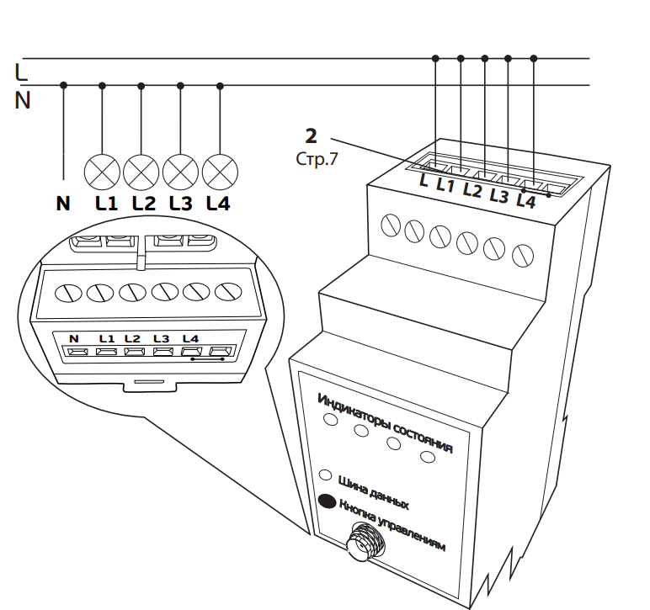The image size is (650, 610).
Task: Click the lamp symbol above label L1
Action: pos(103,171)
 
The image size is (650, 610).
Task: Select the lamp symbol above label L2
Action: pos(141,171)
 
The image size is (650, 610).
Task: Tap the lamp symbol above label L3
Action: pos(179,171)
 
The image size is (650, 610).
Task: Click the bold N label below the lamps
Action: pos(63,204)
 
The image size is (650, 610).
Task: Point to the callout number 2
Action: pos(312,135)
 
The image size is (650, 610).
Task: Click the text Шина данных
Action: pos(372,492)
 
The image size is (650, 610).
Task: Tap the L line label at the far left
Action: pos(21,72)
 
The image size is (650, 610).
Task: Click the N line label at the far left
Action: pos(23,101)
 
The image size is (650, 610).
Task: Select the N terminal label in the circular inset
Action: pos(73,338)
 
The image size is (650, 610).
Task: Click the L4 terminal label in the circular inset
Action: pos(189,338)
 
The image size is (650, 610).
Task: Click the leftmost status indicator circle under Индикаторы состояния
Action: pos(331,417)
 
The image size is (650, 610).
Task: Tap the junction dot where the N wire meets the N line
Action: pos(64,85)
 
